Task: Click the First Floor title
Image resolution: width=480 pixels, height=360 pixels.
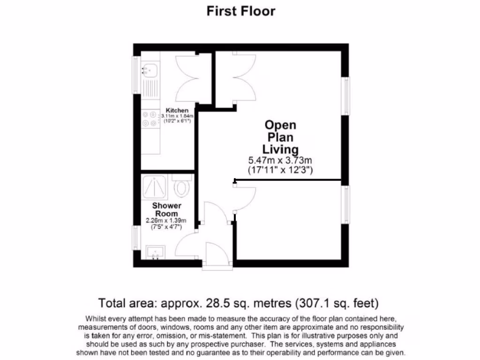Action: point(241,11)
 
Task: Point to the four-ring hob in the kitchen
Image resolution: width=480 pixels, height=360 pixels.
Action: point(150,119)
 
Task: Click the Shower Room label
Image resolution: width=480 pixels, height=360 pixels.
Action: point(166,210)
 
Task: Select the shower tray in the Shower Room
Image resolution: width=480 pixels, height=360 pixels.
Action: point(155,187)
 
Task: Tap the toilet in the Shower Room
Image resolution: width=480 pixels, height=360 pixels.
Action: point(181,187)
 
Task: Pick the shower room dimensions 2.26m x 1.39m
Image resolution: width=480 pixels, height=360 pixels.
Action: point(166,221)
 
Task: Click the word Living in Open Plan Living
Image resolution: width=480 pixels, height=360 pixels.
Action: point(280,150)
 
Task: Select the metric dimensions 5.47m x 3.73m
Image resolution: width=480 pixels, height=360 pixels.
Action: point(280,160)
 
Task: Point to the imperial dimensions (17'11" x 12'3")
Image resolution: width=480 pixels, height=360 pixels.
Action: point(280,169)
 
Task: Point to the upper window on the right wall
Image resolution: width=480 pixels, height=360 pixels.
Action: point(346,96)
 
